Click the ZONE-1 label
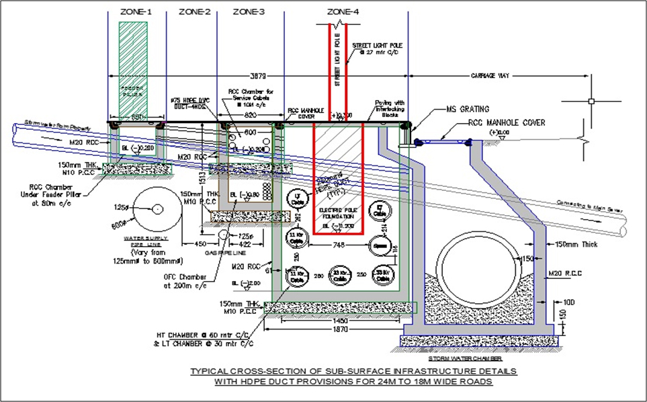coord(136,12)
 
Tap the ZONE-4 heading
coord(343,12)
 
